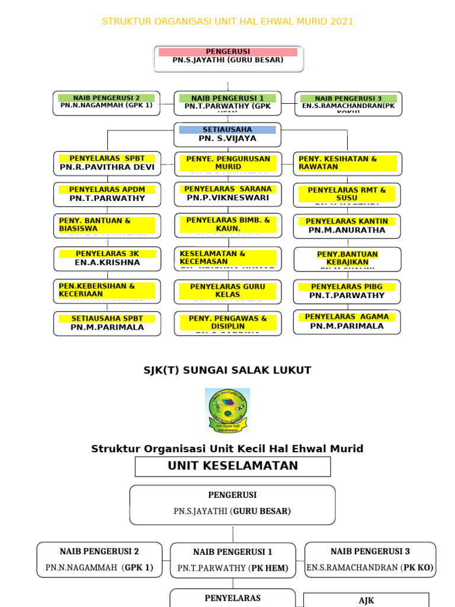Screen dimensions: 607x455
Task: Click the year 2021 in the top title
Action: [341, 21]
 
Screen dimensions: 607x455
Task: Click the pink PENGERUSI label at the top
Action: [228, 52]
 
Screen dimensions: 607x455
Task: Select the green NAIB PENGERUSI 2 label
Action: [107, 98]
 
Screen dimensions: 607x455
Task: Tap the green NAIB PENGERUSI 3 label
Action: [348, 98]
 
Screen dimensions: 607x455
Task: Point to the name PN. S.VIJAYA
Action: [227, 138]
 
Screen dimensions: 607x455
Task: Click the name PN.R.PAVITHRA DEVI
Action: [107, 167]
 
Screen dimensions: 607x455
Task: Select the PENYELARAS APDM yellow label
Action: [107, 190]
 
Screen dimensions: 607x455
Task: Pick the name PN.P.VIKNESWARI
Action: [227, 197]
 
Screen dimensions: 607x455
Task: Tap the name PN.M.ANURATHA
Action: [347, 230]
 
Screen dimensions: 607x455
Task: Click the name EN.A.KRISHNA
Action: [107, 262]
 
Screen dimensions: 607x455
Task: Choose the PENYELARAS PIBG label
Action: [347, 287]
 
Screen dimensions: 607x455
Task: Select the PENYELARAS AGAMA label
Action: [347, 317]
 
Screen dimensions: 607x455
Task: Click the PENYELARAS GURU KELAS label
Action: [227, 290]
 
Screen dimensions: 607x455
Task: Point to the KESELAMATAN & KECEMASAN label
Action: [227, 257]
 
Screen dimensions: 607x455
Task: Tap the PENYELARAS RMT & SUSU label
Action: [347, 194]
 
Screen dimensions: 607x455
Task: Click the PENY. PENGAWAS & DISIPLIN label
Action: [227, 322]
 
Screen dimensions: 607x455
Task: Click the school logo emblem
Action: [227, 410]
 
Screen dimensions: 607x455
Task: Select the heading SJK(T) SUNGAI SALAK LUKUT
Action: [227, 370]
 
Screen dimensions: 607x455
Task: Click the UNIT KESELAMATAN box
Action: [233, 466]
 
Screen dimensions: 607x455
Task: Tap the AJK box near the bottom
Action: [366, 600]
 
